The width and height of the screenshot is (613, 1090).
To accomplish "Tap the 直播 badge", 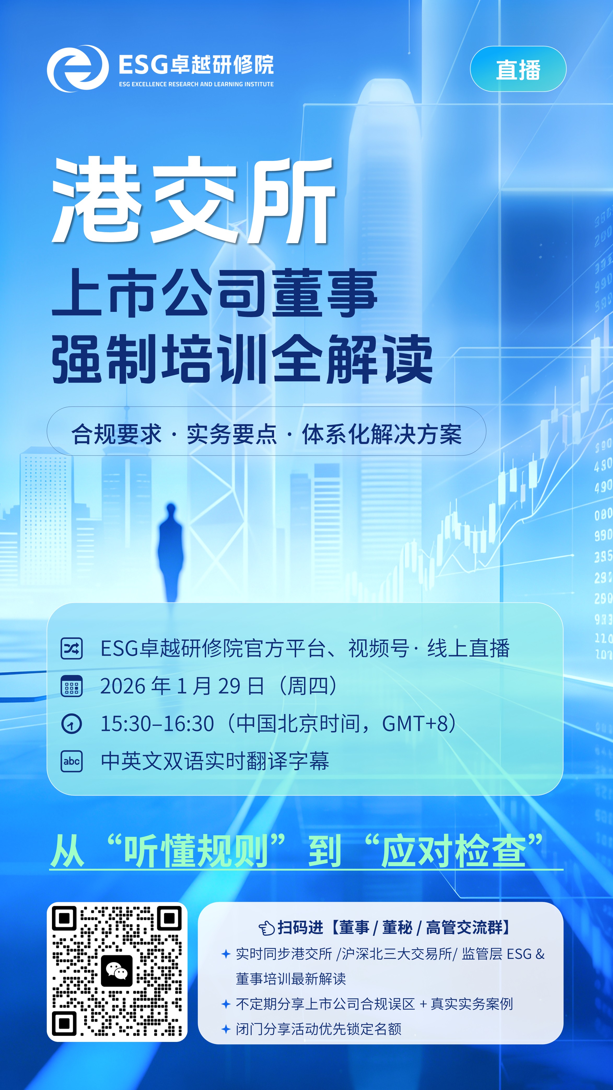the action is (x=518, y=69).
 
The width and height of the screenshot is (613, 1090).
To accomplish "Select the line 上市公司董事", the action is (x=214, y=293).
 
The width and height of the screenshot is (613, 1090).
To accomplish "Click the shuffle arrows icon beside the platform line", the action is (x=72, y=649).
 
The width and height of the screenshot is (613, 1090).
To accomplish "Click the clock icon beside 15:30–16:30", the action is (x=72, y=724).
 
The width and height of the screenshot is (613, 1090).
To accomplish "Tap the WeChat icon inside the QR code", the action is (x=117, y=971).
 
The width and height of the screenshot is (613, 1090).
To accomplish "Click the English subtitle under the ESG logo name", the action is (x=196, y=84).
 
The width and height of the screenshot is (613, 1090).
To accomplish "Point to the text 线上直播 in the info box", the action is (x=468, y=648).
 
